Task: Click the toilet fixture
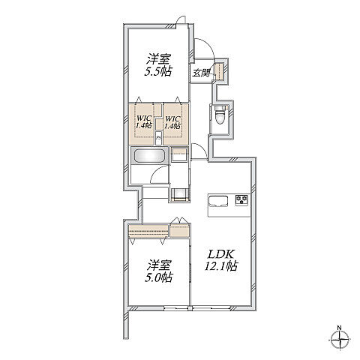(x=220, y=115)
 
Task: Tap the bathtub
(x=150, y=156)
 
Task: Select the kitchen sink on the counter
(x=219, y=201)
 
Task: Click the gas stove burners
(x=241, y=199)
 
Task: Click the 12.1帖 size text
(x=221, y=266)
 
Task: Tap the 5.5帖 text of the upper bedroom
(x=158, y=71)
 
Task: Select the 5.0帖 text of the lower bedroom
(x=159, y=277)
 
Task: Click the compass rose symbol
(x=340, y=340)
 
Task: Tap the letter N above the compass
(x=339, y=327)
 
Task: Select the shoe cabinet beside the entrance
(x=220, y=71)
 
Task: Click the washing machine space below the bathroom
(x=179, y=195)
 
